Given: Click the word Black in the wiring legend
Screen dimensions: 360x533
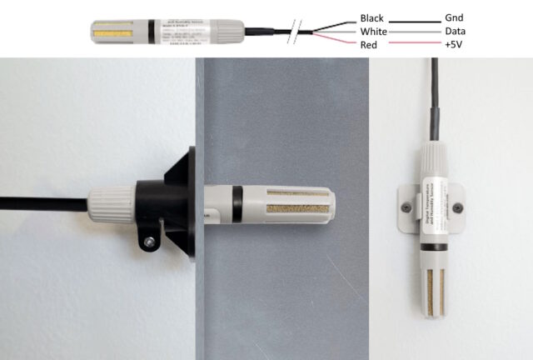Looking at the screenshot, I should pyautogui.click(x=371, y=17).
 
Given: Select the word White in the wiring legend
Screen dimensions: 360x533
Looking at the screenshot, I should pyautogui.click(x=371, y=31).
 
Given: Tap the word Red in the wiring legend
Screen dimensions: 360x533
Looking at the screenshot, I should pyautogui.click(x=367, y=44).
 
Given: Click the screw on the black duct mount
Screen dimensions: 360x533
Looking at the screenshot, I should pyautogui.click(x=149, y=242).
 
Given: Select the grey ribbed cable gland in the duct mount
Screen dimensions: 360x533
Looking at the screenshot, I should pyautogui.click(x=110, y=205).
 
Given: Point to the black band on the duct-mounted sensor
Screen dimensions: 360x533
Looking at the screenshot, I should pyautogui.click(x=237, y=204).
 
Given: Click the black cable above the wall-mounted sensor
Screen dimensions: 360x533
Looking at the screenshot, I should pyautogui.click(x=433, y=100).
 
